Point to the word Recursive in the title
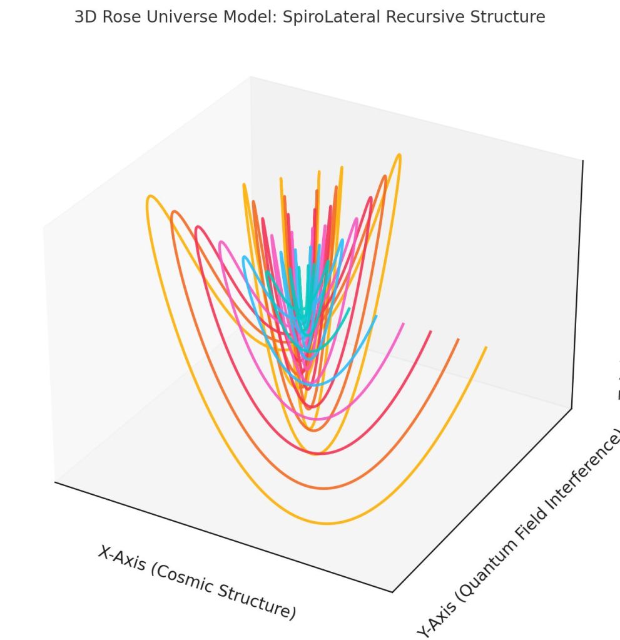(419, 17)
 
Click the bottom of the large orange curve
(323, 489)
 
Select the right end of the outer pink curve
(403, 324)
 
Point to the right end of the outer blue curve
(376, 317)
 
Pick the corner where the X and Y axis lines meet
(392, 591)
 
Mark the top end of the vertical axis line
(582, 161)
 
